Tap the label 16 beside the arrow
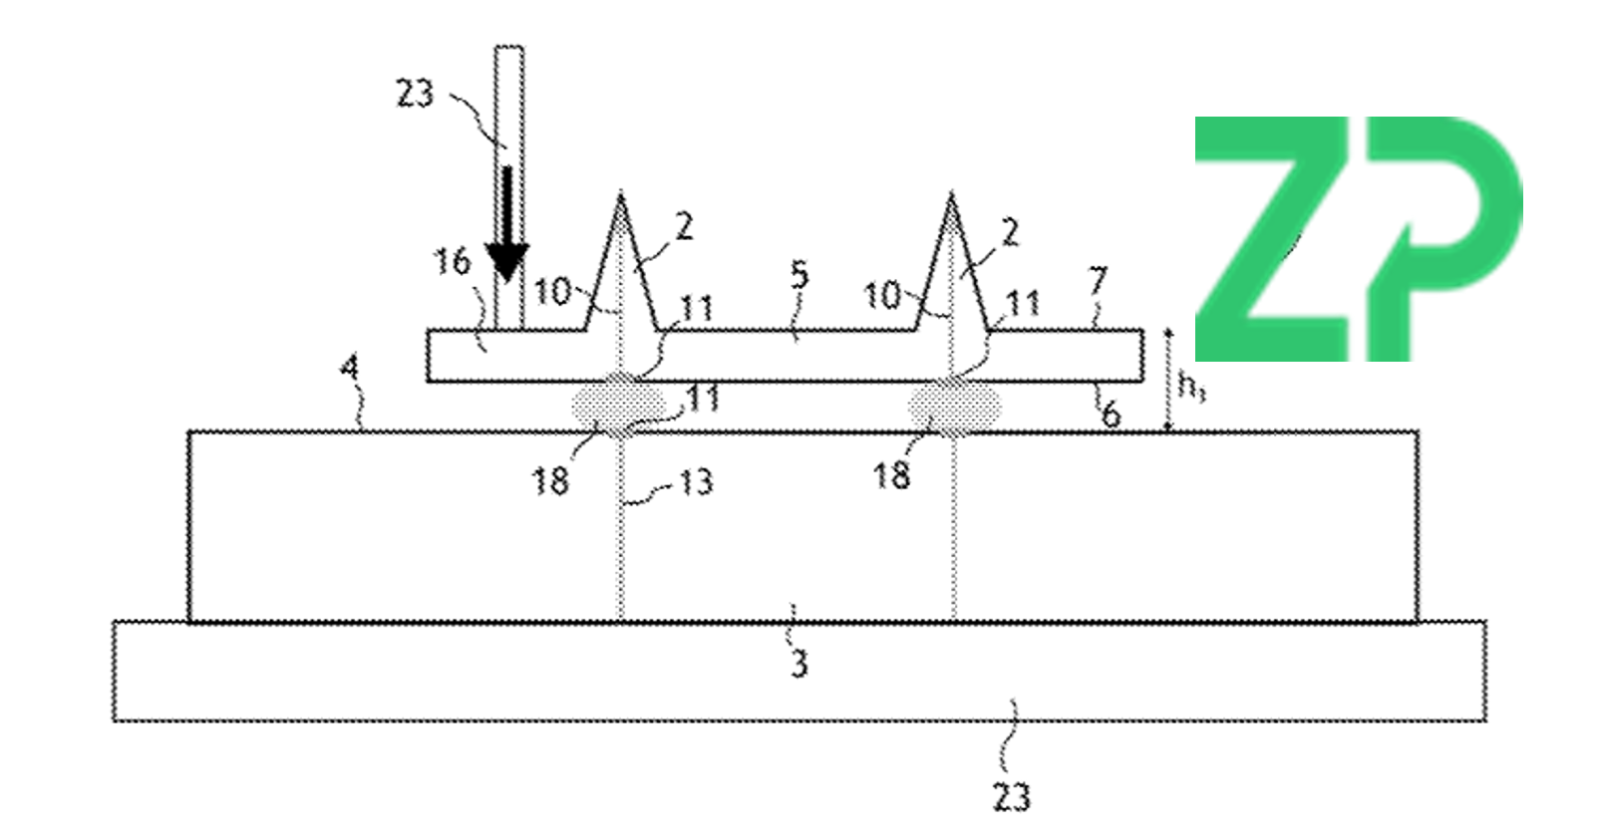tap(451, 262)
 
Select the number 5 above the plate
tap(799, 276)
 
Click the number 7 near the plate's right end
tap(1097, 281)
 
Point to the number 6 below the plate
tap(1111, 414)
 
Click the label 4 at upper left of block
tap(349, 369)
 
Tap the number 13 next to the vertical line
tap(696, 483)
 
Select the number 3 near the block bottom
tap(798, 664)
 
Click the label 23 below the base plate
tap(1011, 797)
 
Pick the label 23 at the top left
tap(415, 94)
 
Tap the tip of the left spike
tap(620, 196)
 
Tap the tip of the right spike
tap(951, 196)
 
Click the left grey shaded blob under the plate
tap(618, 405)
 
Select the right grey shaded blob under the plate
tap(954, 406)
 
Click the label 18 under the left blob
tap(549, 481)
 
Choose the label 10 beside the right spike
tap(881, 296)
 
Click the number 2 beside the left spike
tap(684, 227)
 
